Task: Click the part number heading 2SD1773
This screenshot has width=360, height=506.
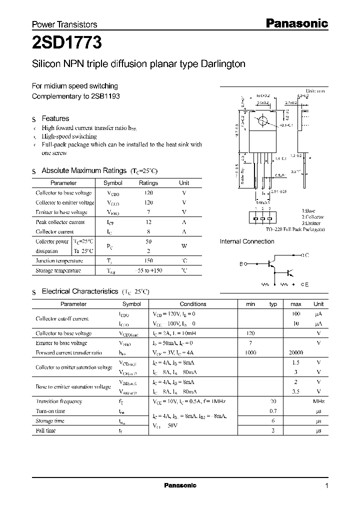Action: [x=67, y=43]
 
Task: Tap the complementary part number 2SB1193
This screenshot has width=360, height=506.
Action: [x=106, y=95]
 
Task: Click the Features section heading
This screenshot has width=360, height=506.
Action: [x=55, y=118]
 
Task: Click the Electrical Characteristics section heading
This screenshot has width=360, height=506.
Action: [x=79, y=291]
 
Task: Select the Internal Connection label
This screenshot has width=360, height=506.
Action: [x=247, y=241]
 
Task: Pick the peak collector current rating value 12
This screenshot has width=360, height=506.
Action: [x=148, y=222]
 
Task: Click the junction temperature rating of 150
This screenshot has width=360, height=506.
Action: [x=148, y=260]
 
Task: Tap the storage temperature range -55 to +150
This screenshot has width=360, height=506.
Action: [x=148, y=270]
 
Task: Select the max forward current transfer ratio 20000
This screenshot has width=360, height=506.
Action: [x=296, y=352]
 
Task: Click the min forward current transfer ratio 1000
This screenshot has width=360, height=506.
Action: [x=250, y=352]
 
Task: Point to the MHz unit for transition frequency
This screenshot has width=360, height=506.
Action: [x=318, y=401]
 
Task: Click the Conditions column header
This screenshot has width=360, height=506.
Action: [x=192, y=304]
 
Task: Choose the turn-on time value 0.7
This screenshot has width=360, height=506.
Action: [x=273, y=411]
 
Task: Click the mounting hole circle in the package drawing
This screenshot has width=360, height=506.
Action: [x=261, y=122]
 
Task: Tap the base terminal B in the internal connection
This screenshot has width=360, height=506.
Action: [x=241, y=263]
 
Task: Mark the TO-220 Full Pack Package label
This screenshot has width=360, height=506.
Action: [x=295, y=228]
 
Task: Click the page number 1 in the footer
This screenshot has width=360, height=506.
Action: [x=326, y=485]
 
